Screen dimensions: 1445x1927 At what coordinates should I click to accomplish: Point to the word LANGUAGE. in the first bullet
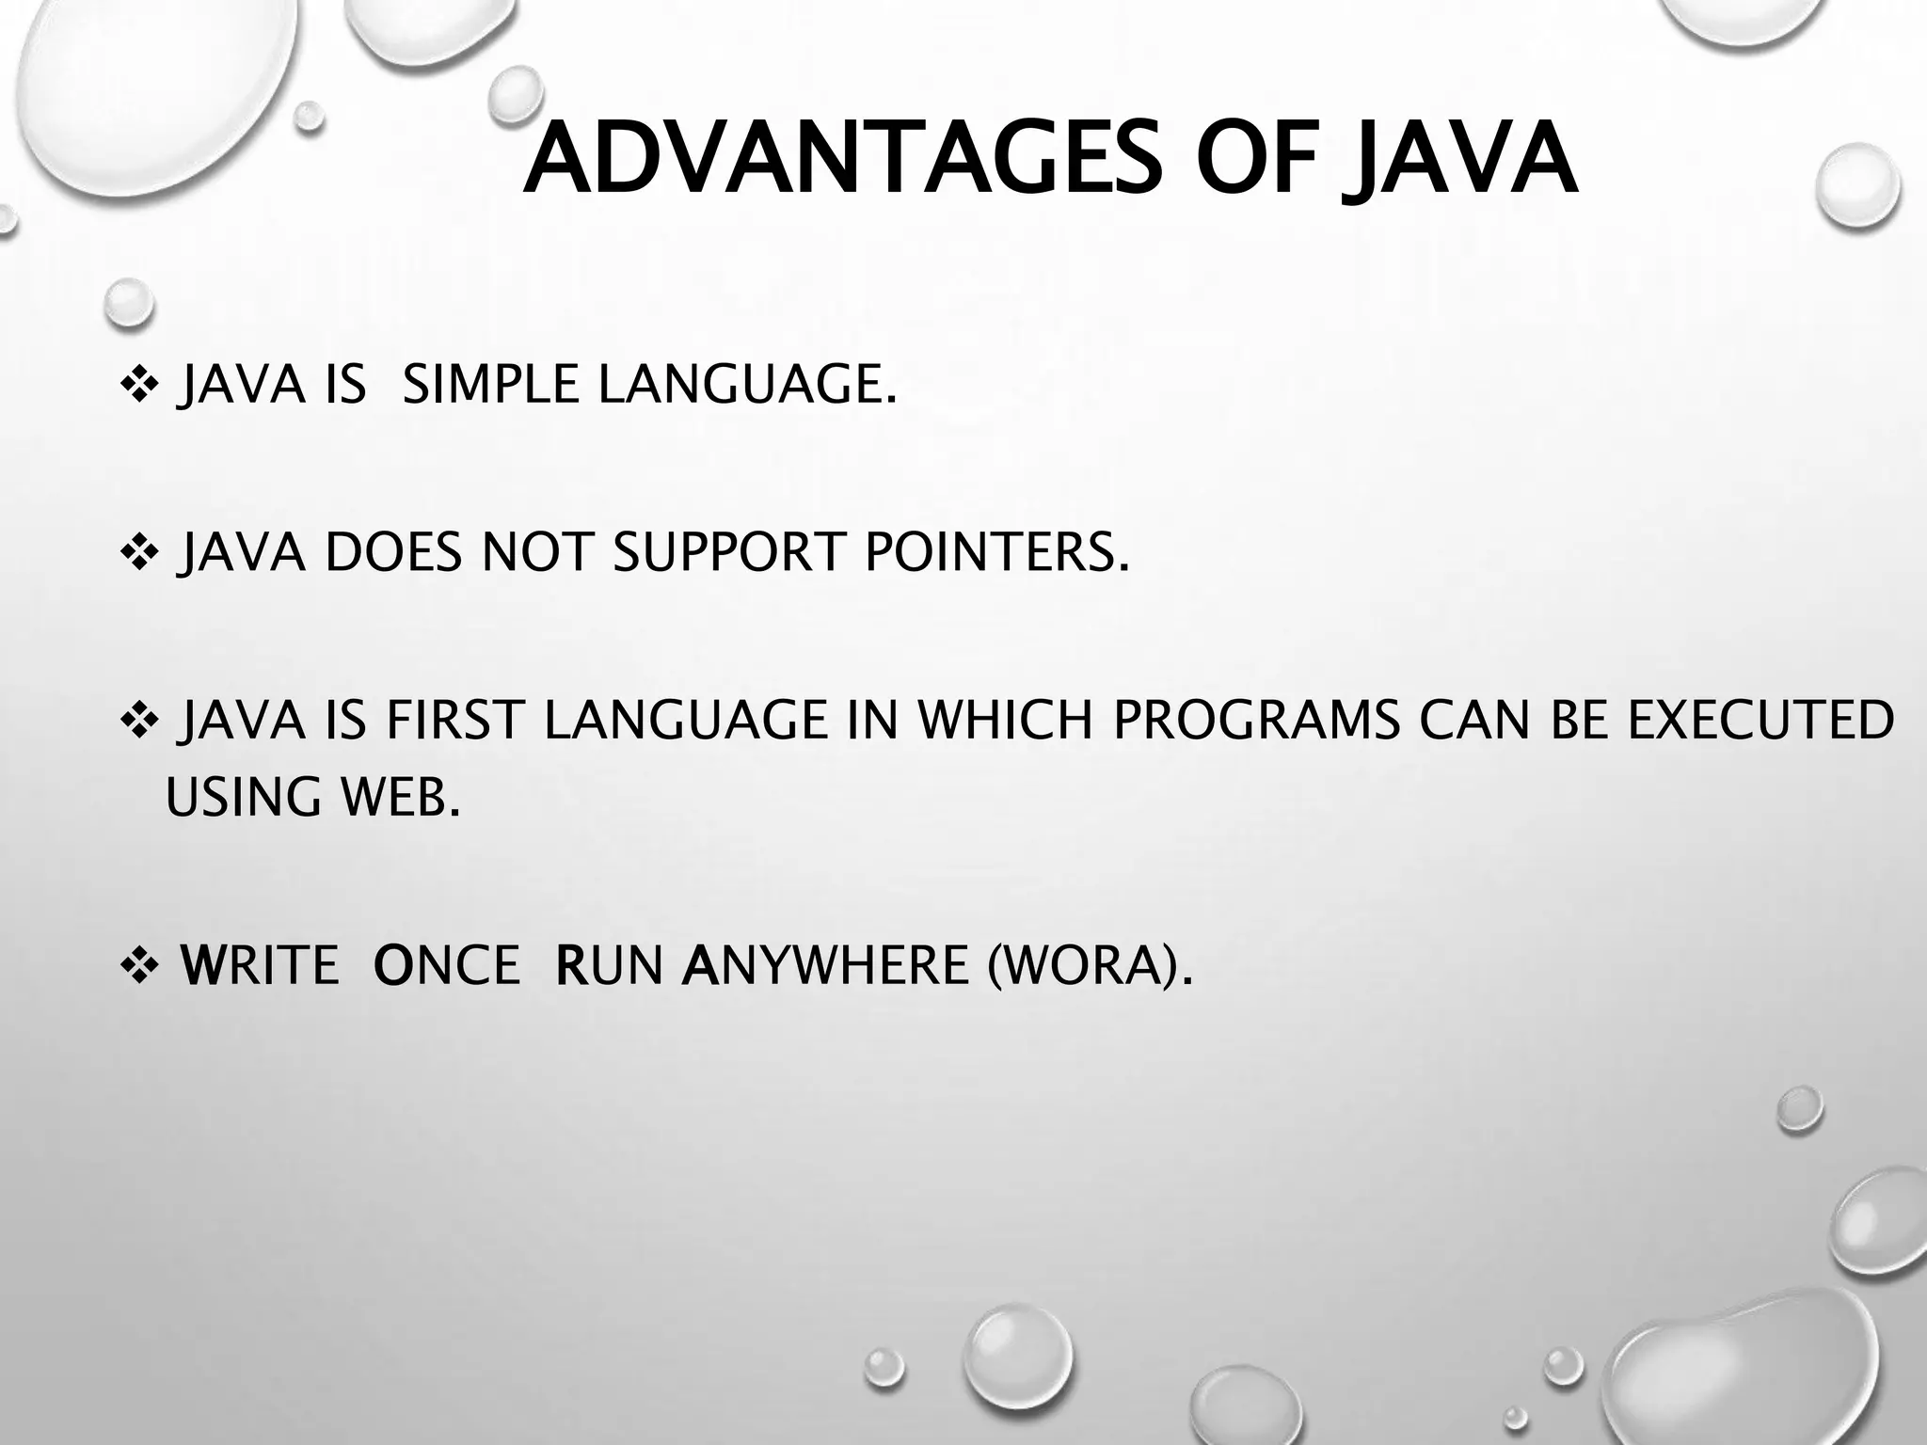pos(747,386)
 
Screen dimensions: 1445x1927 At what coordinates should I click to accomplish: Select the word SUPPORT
pos(728,552)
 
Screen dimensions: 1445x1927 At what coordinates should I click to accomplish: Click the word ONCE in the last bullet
pos(446,965)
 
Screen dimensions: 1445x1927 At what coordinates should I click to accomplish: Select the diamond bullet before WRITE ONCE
pos(140,966)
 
